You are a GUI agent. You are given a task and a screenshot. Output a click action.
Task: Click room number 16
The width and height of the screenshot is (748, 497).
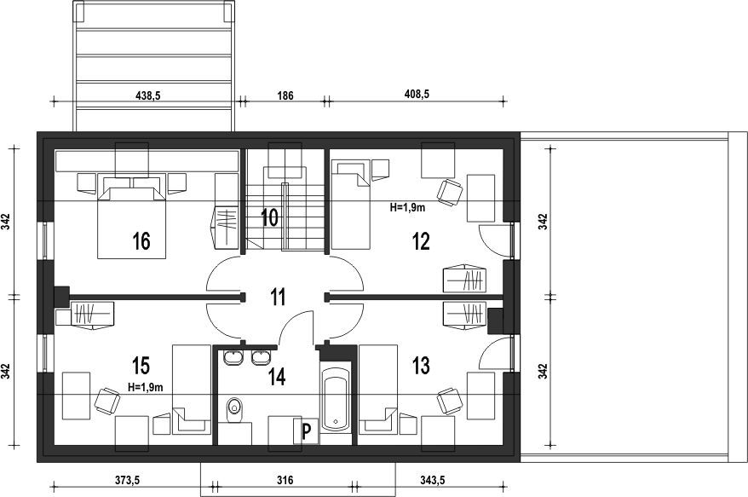[141, 241]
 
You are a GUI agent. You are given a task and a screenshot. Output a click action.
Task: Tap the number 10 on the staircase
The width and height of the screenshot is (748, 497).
[269, 217]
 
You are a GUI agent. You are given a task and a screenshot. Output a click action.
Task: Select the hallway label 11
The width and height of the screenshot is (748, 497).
[278, 297]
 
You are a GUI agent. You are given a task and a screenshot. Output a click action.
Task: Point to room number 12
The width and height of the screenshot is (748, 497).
[421, 241]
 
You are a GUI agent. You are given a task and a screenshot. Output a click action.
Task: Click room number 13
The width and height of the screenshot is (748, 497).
[421, 366]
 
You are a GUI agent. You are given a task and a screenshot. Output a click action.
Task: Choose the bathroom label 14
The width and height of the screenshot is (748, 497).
[277, 377]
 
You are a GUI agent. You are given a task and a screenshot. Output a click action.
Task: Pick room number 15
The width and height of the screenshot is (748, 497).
[141, 366]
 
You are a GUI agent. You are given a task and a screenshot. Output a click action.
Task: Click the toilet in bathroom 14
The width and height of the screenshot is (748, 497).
[234, 410]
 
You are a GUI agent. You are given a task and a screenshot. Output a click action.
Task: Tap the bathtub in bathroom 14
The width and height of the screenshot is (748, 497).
[337, 398]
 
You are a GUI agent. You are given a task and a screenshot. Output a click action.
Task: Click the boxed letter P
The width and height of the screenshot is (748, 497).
[306, 431]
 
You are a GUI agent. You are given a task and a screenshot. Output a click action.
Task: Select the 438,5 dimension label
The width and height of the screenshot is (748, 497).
[148, 95]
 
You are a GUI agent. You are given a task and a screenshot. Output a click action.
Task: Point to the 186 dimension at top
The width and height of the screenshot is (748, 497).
[285, 95]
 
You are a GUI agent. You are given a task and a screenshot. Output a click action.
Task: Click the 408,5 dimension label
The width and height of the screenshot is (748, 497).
[417, 94]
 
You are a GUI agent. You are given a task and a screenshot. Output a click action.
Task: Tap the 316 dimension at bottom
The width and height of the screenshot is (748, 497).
[285, 480]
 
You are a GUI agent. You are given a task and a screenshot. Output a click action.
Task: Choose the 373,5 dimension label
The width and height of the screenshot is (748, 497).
[127, 480]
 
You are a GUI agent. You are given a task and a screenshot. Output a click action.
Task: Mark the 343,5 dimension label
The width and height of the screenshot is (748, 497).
[432, 480]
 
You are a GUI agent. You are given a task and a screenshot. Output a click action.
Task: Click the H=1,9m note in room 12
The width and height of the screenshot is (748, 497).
[407, 207]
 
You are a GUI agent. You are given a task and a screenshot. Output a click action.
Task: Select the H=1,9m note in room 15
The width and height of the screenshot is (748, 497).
[146, 388]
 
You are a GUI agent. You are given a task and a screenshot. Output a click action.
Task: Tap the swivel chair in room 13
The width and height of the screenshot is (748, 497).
[451, 400]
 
